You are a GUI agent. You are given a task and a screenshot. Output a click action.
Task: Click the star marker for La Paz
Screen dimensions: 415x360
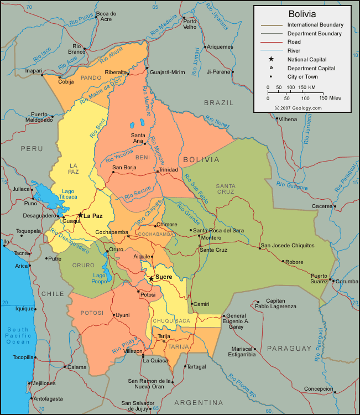pos(80,215)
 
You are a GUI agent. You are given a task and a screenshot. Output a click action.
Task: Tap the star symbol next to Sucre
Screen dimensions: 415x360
pos(151,278)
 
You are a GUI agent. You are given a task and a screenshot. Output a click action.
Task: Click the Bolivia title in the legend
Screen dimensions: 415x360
pos(303,13)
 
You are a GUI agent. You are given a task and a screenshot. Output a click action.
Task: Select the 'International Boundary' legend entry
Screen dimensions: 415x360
pos(315,25)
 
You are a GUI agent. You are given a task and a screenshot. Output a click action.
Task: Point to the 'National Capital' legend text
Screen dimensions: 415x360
pos(307,59)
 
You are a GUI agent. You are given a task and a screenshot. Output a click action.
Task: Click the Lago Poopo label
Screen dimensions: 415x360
pos(100,278)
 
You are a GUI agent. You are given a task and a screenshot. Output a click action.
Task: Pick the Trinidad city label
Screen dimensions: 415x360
pos(169,170)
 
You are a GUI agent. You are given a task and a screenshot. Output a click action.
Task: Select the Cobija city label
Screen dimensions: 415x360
pos(66,82)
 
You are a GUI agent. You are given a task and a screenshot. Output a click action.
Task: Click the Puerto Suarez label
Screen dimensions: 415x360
pos(319,278)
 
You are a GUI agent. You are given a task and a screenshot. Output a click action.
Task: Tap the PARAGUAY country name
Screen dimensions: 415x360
pos(289,348)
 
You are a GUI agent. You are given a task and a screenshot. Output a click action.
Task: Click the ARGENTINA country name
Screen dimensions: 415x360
pos(199,402)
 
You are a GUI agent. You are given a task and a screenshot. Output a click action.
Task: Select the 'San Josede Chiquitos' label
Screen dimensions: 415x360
pos(287,245)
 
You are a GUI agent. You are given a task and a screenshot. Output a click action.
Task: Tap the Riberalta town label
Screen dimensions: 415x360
pos(116,72)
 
